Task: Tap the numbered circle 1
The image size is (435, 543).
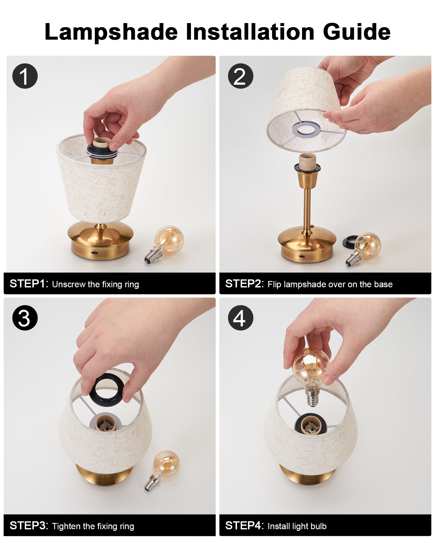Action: coord(25,76)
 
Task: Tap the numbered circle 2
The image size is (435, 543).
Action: coord(240,76)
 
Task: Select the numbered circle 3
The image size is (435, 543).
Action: coord(25,318)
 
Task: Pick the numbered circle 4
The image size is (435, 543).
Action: coord(240,318)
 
